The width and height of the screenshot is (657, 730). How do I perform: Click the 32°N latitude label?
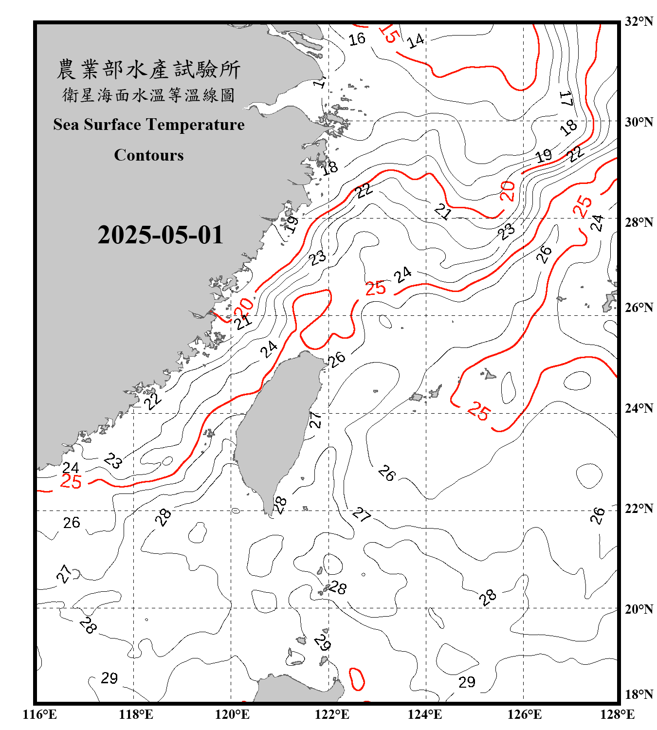[x=639, y=21]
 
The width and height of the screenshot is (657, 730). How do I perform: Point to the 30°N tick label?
[x=639, y=122]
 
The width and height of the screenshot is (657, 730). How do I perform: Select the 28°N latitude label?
[x=639, y=222]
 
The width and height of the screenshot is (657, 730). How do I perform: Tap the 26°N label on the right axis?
[x=639, y=308]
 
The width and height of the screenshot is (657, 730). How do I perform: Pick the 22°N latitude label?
[x=639, y=509]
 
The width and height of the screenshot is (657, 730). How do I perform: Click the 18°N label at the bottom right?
[x=639, y=694]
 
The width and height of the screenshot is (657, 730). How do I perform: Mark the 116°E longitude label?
[x=39, y=714]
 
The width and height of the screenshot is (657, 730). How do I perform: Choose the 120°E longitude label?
[x=232, y=714]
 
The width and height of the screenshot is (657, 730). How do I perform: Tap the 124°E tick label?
[x=425, y=714]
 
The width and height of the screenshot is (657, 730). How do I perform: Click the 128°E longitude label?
[x=617, y=714]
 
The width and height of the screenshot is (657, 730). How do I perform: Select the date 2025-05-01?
[x=160, y=235]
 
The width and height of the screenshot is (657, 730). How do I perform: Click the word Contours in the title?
[x=149, y=155]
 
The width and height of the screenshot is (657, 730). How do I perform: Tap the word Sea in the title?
[x=66, y=125]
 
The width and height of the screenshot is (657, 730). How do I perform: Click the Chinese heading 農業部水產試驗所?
[x=148, y=70]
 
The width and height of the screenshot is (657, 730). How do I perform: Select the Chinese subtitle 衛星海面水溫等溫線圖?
[x=148, y=95]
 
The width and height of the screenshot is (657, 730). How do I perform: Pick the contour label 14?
[x=416, y=41]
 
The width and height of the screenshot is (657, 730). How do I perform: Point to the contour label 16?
[x=357, y=39]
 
